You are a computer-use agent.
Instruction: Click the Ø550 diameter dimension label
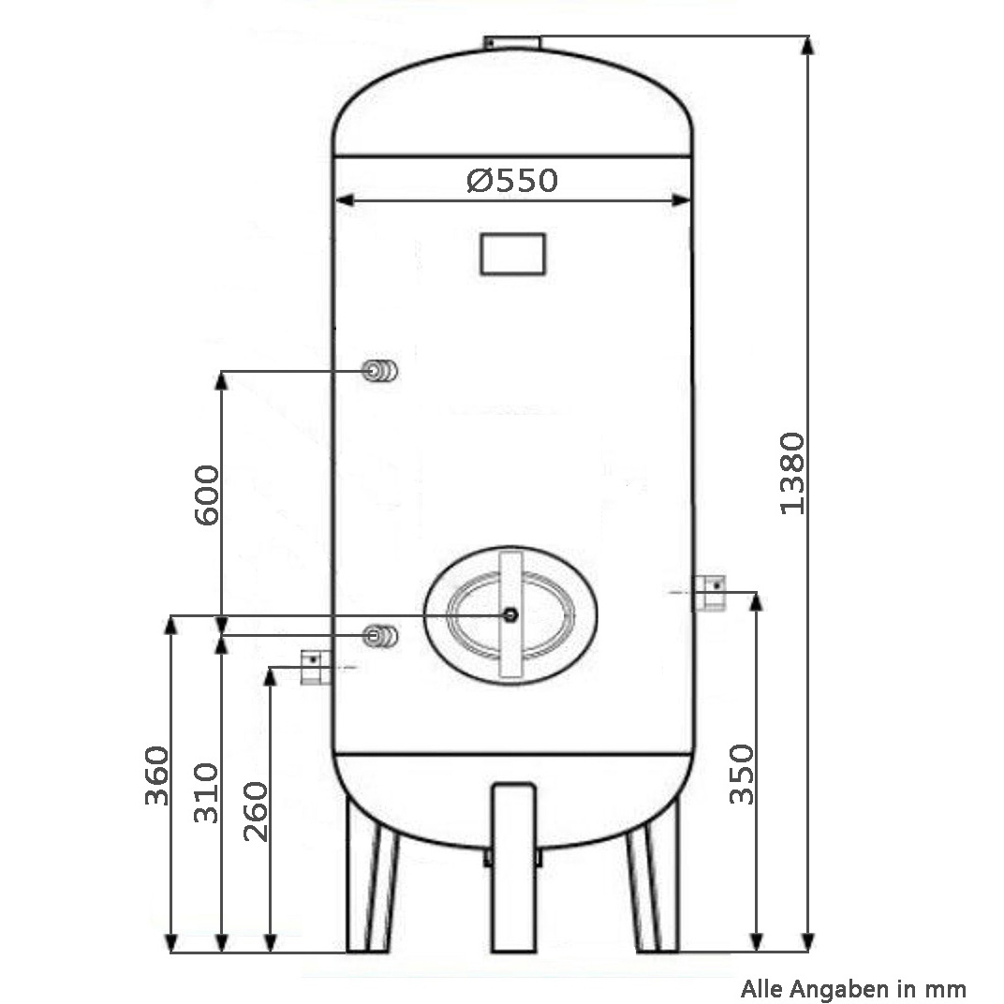pyautogui.click(x=512, y=180)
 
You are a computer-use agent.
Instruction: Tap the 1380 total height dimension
pyautogui.click(x=792, y=473)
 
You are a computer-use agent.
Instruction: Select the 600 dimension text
pyautogui.click(x=207, y=495)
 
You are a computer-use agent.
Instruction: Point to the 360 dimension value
pyautogui.click(x=157, y=775)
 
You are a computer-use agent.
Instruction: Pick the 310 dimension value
pyautogui.click(x=207, y=792)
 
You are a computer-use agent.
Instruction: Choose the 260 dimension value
pyautogui.click(x=256, y=811)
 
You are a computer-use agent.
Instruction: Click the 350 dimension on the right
pyautogui.click(x=743, y=774)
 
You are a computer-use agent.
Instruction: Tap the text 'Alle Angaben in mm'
pyautogui.click(x=853, y=989)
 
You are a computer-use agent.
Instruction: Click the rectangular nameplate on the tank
pyautogui.click(x=513, y=254)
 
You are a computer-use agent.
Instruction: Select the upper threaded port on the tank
pyautogui.click(x=379, y=371)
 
